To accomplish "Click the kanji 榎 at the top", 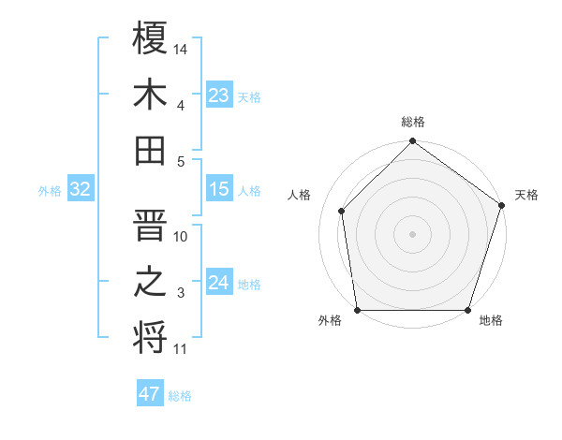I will (151, 38).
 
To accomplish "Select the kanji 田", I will (151, 150).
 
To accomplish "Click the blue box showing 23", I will (218, 95).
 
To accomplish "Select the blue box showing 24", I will (218, 283).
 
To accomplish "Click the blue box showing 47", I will (150, 394).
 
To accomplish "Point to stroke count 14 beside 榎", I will (182, 49).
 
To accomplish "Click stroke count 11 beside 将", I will (181, 350).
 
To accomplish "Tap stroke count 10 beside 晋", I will (181, 237).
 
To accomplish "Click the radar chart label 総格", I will (413, 123).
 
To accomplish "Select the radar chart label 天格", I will (527, 196).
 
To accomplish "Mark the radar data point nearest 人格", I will (342, 211).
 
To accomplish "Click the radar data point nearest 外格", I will (358, 310).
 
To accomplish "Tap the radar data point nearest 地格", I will (467, 310).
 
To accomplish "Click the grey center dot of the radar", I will (413, 234).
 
